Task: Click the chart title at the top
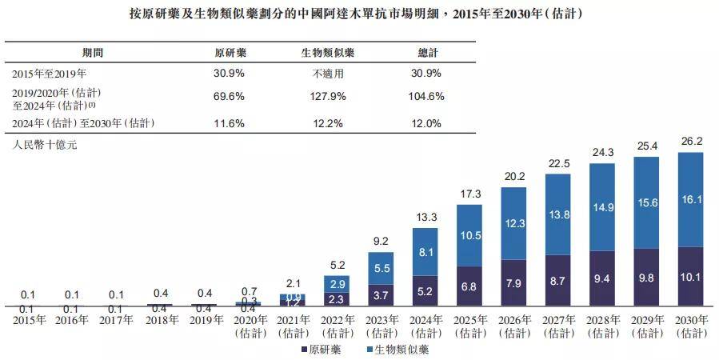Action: point(360,14)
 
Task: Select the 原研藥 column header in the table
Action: point(230,53)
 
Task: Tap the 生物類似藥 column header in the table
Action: point(327,53)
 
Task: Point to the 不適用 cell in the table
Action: point(327,73)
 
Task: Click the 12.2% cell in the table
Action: point(327,123)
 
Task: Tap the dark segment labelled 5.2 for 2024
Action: point(425,291)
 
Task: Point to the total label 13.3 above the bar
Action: point(425,218)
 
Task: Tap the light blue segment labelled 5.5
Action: point(381,269)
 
